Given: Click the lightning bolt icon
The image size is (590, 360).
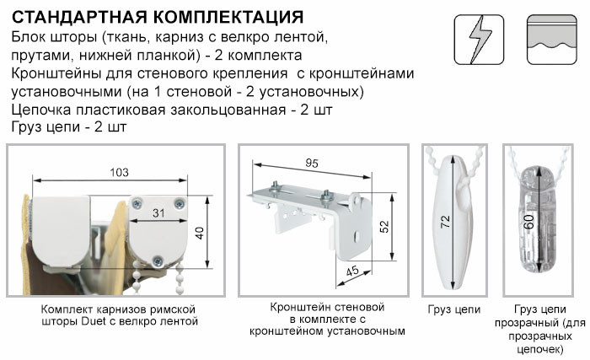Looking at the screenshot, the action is pos(479,40).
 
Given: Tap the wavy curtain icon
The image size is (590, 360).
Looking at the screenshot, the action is pos(552,40).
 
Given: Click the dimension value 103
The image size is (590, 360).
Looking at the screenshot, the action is pos(119,173).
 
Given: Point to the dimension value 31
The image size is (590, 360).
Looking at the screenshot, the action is pos(158,213).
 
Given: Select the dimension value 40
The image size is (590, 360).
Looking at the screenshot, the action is pos(200,233).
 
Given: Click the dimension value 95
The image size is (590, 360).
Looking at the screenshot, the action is pos(312,163).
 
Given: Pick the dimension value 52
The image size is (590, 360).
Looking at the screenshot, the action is pos(383,227).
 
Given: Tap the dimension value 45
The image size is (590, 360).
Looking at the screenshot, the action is pos(352,271).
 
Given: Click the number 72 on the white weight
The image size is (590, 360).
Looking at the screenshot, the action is pos(445,222).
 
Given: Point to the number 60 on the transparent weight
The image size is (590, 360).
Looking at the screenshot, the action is pos(529,222).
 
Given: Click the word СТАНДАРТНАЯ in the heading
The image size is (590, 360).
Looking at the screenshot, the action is pos(78,18).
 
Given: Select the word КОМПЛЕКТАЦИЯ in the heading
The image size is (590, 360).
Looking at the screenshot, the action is pos(228,18).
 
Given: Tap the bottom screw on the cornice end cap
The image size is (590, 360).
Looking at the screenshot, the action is pos(158,261).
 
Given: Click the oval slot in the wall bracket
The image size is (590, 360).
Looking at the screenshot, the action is pos(358,237).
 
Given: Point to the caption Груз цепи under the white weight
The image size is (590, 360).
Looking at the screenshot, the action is pos(454,309).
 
